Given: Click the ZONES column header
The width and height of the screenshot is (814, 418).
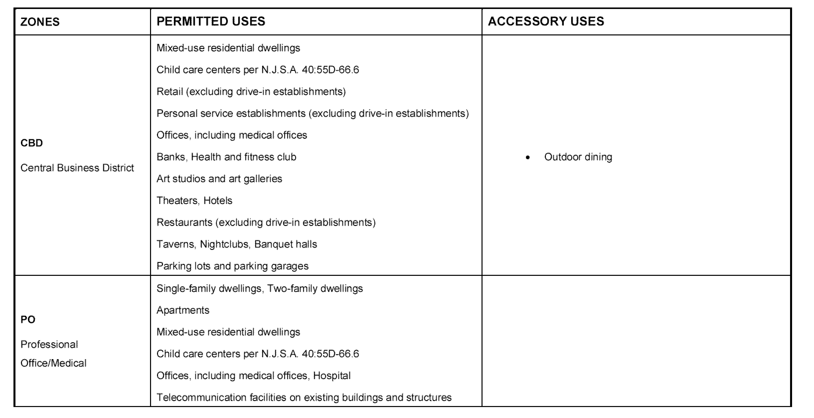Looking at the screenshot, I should pyautogui.click(x=40, y=22).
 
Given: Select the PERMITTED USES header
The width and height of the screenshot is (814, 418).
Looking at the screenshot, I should pyautogui.click(x=211, y=21).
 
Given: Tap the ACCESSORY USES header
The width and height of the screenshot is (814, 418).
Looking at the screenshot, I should pyautogui.click(x=546, y=21).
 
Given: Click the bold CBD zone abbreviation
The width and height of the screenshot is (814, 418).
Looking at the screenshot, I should pyautogui.click(x=32, y=143).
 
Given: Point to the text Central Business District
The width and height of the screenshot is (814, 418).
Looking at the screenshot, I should pyautogui.click(x=77, y=168).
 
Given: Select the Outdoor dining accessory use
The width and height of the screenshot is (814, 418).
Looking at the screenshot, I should pyautogui.click(x=578, y=157).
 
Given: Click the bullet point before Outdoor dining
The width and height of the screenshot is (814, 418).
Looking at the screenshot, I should pyautogui.click(x=528, y=157).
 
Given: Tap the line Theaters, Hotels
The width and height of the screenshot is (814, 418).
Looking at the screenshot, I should pyautogui.click(x=194, y=201).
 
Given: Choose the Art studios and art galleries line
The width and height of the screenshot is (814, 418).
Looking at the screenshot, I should pyautogui.click(x=219, y=179).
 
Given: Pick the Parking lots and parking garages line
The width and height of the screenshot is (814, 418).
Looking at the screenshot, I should pyautogui.click(x=232, y=266).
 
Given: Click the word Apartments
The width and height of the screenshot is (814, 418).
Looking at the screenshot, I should pyautogui.click(x=183, y=310).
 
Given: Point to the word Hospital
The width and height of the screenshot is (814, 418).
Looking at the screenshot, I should pyautogui.click(x=332, y=376).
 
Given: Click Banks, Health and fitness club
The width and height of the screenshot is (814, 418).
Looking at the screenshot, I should pyautogui.click(x=226, y=157).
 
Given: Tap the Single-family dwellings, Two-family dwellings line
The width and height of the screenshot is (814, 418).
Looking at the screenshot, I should pyautogui.click(x=259, y=288).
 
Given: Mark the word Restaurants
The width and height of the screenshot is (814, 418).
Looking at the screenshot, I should pyautogui.click(x=184, y=222).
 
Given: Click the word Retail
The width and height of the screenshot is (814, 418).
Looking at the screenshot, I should pyautogui.click(x=170, y=91).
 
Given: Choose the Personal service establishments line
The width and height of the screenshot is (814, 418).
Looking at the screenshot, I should pyautogui.click(x=313, y=113).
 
